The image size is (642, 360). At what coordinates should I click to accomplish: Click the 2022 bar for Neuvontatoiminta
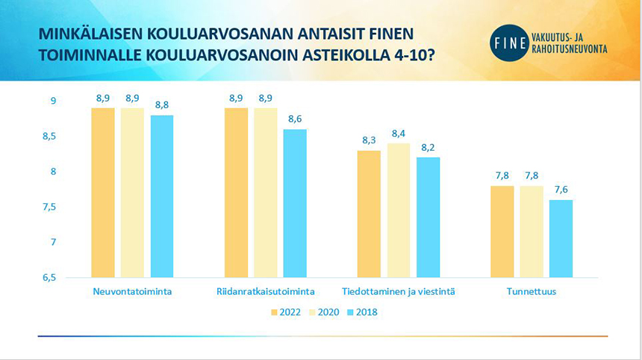(103, 193)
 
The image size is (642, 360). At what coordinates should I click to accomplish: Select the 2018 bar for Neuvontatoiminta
(161, 196)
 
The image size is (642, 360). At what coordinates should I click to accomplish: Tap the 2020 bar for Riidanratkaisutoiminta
(265, 193)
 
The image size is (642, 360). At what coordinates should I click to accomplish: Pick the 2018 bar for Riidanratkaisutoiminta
(294, 203)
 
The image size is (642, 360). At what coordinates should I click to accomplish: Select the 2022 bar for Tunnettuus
(502, 232)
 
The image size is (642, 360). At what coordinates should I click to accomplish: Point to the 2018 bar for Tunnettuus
(561, 238)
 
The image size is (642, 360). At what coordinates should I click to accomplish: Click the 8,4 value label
(399, 134)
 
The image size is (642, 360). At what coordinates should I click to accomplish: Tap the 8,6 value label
(295, 120)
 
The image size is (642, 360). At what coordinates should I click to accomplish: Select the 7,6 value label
(561, 190)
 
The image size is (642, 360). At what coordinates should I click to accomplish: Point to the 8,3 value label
(370, 140)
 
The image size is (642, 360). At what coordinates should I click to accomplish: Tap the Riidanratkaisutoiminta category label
(265, 291)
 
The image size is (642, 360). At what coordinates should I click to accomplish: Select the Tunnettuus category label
(532, 291)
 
